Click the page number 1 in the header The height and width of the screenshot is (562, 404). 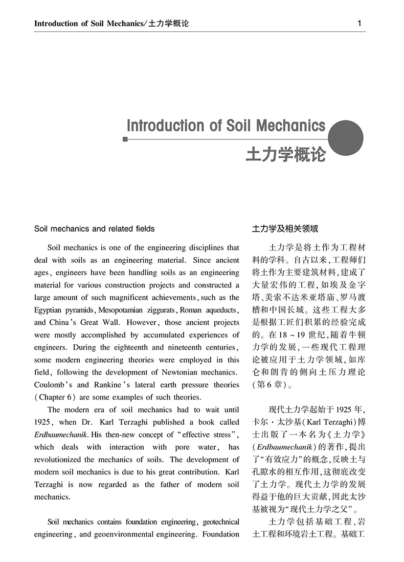360,24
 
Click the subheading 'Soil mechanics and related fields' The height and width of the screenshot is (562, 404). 94,228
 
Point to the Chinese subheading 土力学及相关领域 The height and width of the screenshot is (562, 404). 285,228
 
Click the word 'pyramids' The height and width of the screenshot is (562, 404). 81,310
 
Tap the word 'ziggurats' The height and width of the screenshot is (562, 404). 161,310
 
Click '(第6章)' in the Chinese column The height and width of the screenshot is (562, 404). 269,385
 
